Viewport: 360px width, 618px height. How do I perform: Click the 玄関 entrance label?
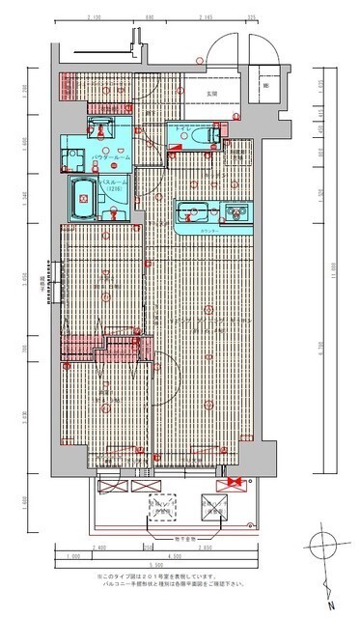click(210, 93)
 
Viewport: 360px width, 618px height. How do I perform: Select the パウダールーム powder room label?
click(112, 155)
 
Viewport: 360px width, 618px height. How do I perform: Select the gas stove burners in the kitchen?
click(232, 211)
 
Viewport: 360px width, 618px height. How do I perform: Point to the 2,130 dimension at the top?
click(94, 17)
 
